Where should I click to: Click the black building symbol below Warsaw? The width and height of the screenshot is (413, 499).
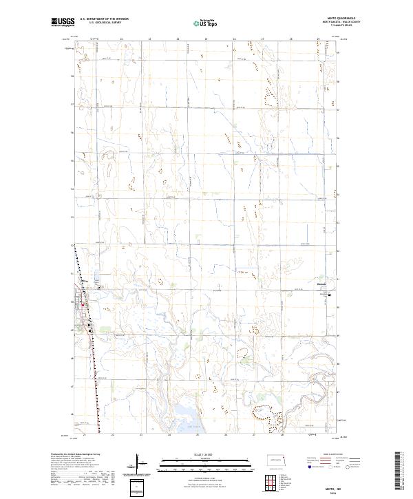click(x=329, y=296)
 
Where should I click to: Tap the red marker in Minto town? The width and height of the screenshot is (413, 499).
click(x=84, y=306)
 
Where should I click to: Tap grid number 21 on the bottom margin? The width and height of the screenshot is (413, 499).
click(x=83, y=435)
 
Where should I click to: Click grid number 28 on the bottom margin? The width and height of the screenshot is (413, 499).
click(x=282, y=435)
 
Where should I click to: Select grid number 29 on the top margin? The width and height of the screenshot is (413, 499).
click(x=318, y=39)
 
